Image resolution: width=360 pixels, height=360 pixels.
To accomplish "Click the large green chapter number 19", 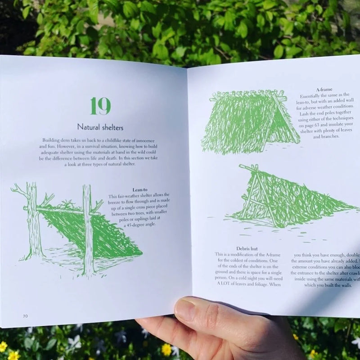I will [100, 106].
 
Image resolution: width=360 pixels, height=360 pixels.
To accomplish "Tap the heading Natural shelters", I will [100, 127].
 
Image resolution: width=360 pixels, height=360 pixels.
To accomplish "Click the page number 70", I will [26, 316].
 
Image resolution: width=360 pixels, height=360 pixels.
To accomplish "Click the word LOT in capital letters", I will [226, 284].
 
